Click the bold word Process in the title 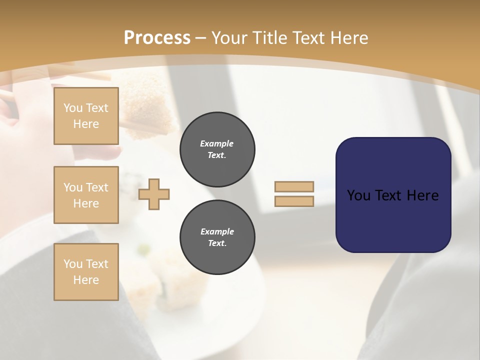(157, 38)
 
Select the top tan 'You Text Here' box (86, 116)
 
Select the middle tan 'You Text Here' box (86, 195)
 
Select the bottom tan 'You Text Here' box (86, 272)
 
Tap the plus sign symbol (154, 194)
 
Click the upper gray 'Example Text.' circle (217, 149)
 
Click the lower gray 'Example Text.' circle (217, 237)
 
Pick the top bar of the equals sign (294, 186)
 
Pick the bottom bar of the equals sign (294, 201)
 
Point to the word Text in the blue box (392, 195)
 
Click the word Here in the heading (349, 38)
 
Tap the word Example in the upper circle (217, 143)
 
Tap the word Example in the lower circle (217, 231)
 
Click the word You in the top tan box (73, 108)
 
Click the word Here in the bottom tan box (86, 280)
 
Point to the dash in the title (201, 38)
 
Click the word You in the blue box (358, 195)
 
